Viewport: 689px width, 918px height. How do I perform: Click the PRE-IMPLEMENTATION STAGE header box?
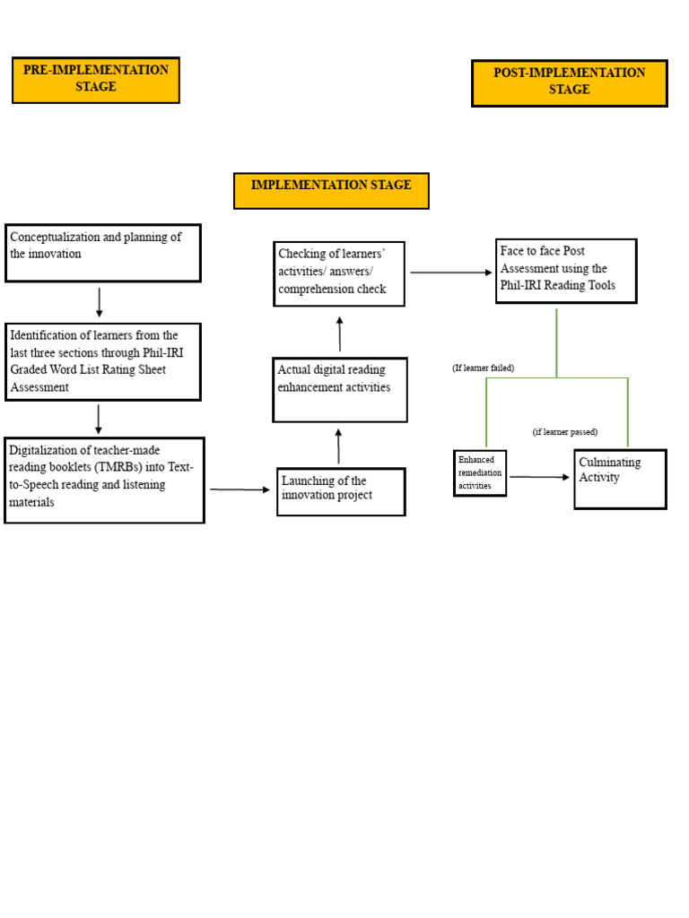click(95, 80)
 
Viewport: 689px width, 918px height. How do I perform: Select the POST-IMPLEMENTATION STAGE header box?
click(569, 82)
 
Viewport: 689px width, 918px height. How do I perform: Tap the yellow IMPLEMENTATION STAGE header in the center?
click(331, 190)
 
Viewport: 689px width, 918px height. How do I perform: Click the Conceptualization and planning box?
click(102, 253)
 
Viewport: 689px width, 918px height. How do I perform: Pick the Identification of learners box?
click(102, 361)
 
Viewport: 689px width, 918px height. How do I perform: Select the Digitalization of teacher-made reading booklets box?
click(104, 480)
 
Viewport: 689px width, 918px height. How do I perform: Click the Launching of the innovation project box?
click(340, 491)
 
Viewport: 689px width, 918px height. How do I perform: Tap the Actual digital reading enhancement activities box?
click(339, 389)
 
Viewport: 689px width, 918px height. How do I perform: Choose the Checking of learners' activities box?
click(338, 273)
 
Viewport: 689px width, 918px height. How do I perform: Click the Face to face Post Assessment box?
click(565, 270)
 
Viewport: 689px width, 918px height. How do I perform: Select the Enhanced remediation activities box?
click(479, 472)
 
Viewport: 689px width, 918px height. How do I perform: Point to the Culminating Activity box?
click(619, 479)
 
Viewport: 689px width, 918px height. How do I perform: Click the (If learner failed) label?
click(483, 368)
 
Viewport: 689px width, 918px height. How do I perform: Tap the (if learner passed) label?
click(564, 432)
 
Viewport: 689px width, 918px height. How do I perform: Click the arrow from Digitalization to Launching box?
click(240, 489)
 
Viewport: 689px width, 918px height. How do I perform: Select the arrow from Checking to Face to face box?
click(449, 273)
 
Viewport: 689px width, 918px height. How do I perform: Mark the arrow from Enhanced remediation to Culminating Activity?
click(539, 477)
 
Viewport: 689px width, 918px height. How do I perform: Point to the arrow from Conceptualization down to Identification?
click(99, 302)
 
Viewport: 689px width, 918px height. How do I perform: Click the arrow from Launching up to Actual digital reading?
click(338, 446)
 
